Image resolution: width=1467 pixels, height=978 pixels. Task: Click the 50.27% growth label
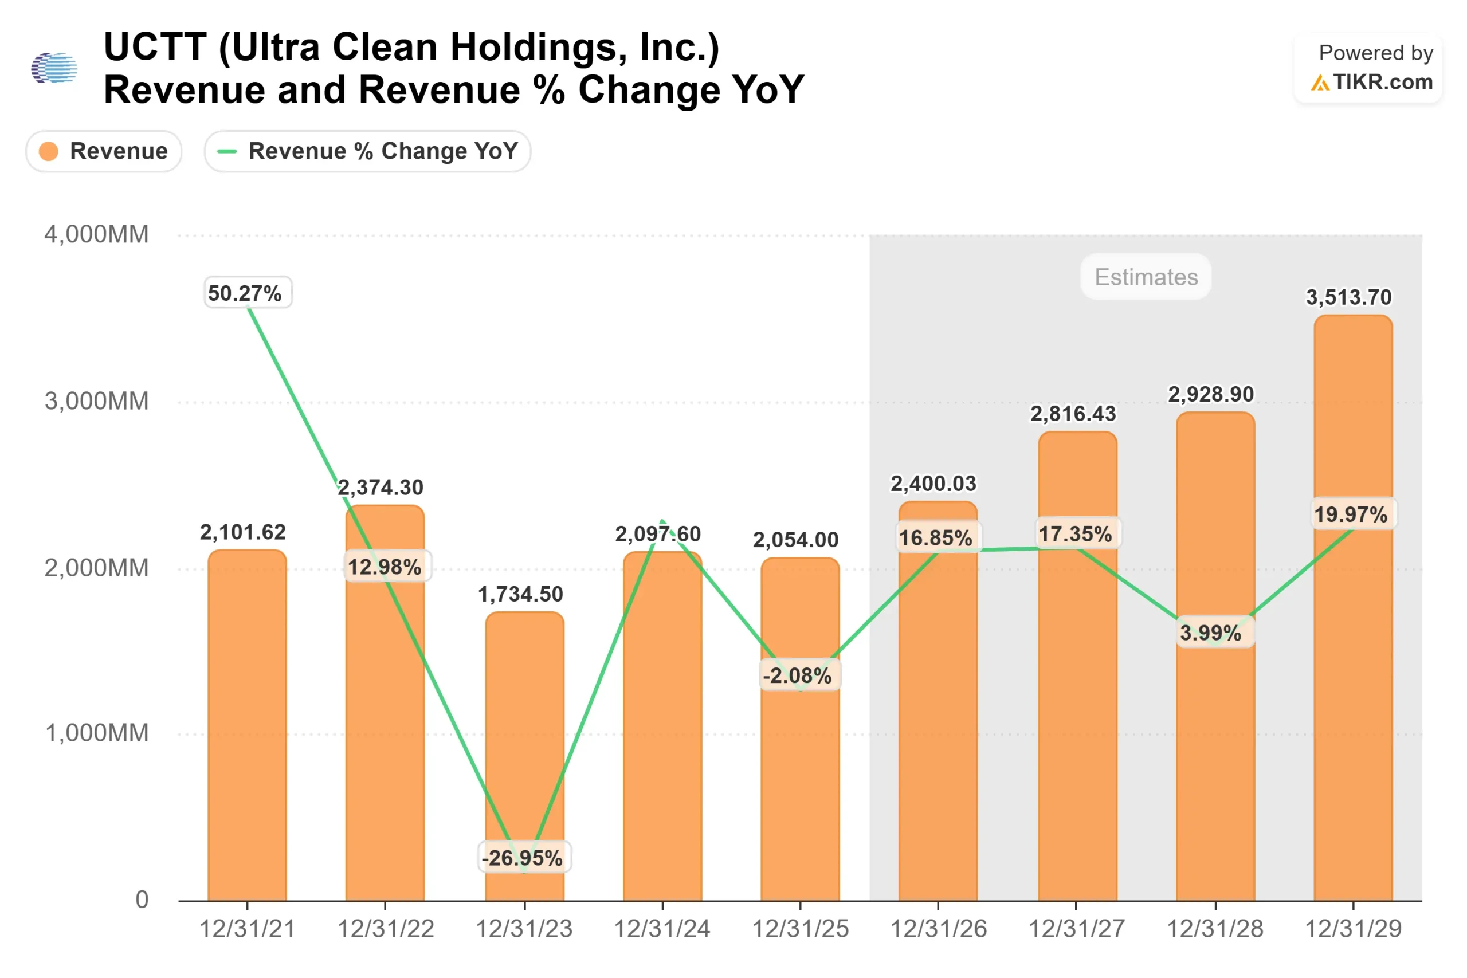click(x=248, y=293)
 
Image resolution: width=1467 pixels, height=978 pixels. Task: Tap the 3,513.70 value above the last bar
click(x=1348, y=297)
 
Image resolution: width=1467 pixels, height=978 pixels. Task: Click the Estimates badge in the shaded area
click(x=1146, y=277)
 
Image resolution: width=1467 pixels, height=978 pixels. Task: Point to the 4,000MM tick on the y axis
click(x=96, y=234)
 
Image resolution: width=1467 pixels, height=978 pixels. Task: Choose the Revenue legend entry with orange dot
click(x=104, y=151)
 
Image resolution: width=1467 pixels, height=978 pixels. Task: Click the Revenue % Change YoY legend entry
click(x=367, y=151)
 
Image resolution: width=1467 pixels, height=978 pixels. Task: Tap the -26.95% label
click(x=524, y=858)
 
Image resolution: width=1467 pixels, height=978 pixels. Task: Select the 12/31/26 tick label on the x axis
click(x=938, y=929)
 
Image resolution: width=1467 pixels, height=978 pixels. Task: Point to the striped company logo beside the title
click(x=54, y=68)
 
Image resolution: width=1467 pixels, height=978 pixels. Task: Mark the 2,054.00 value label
click(x=795, y=540)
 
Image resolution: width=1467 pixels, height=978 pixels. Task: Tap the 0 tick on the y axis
click(x=142, y=900)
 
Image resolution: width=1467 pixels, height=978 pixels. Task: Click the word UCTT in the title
click(x=155, y=47)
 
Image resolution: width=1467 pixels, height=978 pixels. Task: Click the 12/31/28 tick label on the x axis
click(x=1214, y=929)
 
